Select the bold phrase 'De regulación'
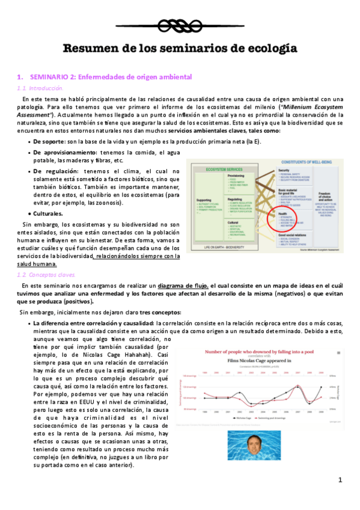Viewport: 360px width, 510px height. tap(56, 171)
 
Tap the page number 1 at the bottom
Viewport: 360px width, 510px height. tap(340, 480)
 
